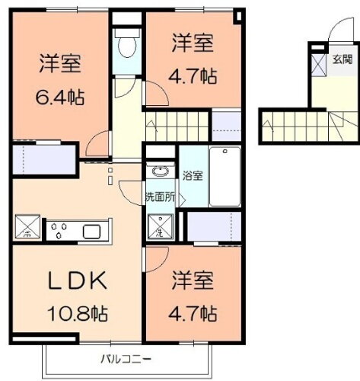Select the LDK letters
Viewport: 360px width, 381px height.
click(x=77, y=281)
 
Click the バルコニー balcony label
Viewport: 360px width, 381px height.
click(x=126, y=358)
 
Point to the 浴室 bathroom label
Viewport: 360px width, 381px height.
click(x=193, y=176)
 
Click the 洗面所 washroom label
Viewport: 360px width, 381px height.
click(x=160, y=197)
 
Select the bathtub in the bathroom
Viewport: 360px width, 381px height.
click(x=225, y=176)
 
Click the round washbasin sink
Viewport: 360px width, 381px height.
click(x=160, y=171)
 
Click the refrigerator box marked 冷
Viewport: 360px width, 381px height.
click(x=25, y=227)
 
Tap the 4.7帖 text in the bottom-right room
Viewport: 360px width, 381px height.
click(x=194, y=312)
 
